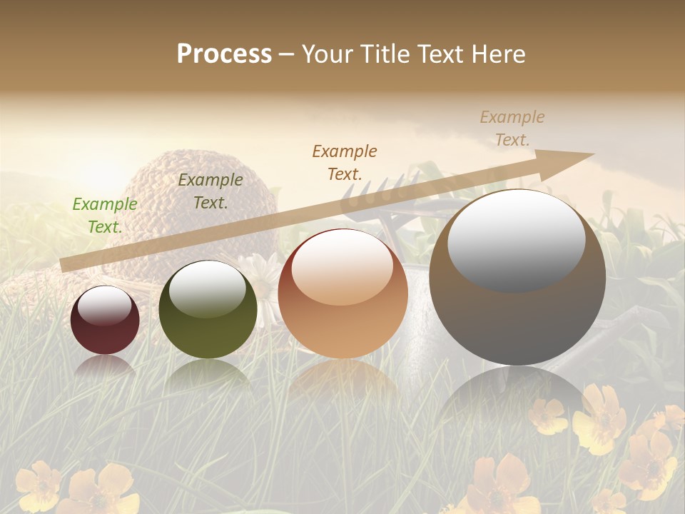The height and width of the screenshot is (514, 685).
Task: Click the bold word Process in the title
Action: pyautogui.click(x=224, y=54)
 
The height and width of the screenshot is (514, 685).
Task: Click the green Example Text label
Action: pyautogui.click(x=105, y=215)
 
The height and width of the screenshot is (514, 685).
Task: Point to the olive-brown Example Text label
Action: pyautogui.click(x=210, y=191)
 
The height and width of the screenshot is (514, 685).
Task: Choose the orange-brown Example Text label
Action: pyautogui.click(x=345, y=162)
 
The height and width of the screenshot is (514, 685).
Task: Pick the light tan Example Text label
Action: pyautogui.click(x=512, y=128)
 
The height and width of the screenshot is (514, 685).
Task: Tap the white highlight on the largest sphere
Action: pyautogui.click(x=516, y=239)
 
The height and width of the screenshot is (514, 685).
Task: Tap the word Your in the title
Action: pyautogui.click(x=329, y=54)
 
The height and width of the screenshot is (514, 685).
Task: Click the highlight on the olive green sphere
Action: pyautogui.click(x=208, y=288)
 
